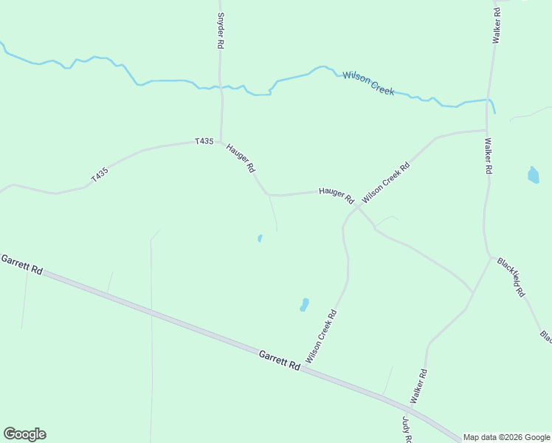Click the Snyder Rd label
220,30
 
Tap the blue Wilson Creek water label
368,83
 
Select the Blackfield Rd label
511,277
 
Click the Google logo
24,434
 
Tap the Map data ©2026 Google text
507,437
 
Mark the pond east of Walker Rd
533,175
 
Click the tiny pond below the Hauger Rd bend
260,238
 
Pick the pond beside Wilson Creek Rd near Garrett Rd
304,304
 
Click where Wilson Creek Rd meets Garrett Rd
306,365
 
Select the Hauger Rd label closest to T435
241,157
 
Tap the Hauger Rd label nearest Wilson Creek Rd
337,195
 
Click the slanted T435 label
100,175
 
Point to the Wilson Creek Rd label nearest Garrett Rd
322,336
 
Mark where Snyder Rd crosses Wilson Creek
221,87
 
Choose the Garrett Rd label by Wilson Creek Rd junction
280,360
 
